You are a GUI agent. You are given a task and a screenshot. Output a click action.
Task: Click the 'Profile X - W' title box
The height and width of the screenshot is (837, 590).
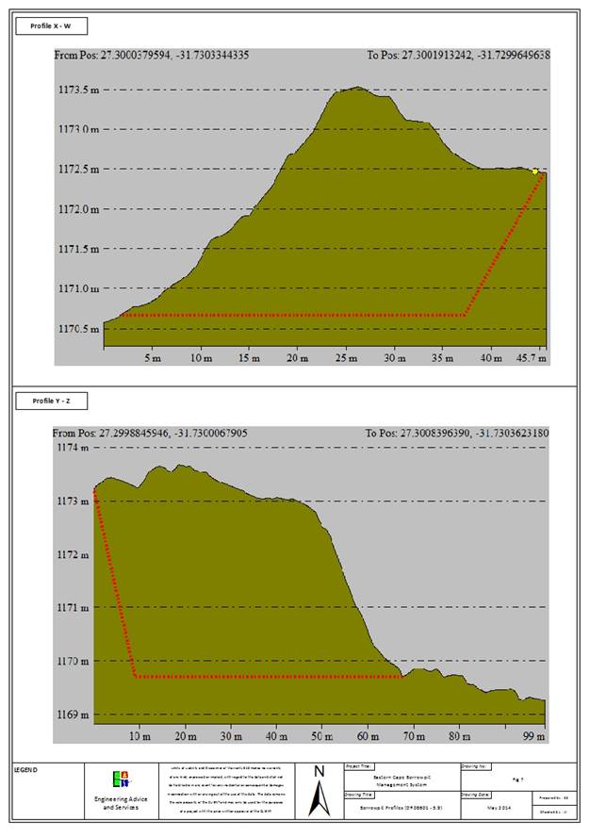coord(53,26)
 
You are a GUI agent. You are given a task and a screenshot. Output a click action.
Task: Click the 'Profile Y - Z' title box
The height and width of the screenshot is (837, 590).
coord(53,402)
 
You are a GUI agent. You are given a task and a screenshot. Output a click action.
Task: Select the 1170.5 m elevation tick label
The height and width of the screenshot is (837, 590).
coord(78,329)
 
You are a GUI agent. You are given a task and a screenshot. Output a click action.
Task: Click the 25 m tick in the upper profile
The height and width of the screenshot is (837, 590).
coord(345,359)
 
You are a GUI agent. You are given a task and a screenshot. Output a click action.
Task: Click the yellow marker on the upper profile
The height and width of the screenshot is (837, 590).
coord(535,172)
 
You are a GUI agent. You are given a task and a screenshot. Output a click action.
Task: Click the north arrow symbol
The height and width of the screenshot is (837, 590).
coord(319,789)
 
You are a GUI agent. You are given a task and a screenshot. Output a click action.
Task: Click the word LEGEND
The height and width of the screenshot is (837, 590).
coord(25,769)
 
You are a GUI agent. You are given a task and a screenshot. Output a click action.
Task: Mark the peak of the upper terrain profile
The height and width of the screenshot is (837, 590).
coord(356,88)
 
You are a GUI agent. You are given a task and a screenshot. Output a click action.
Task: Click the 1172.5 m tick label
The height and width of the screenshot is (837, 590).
coord(78,170)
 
